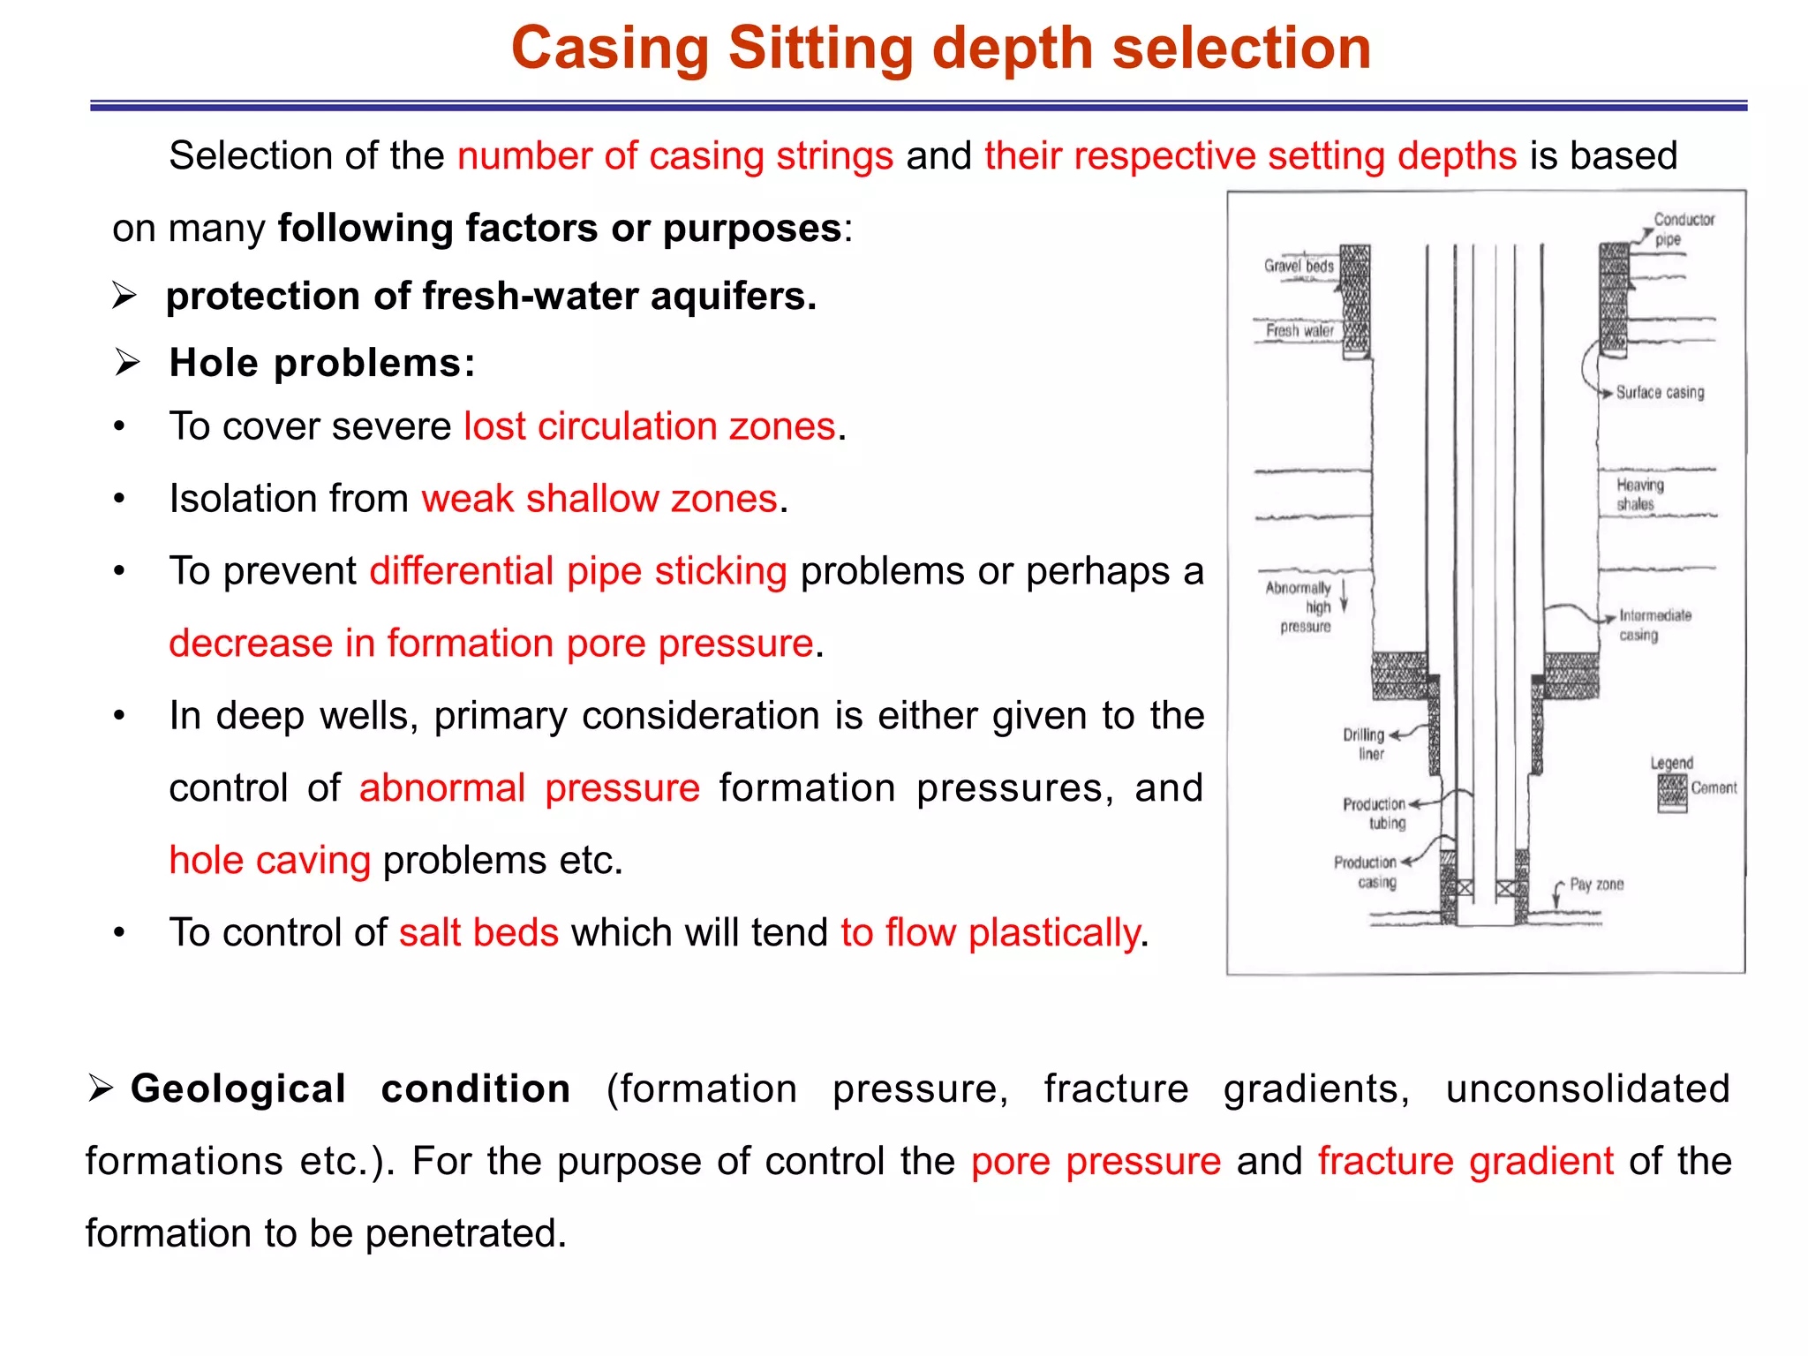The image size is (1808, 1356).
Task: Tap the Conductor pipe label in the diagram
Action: pos(1683,229)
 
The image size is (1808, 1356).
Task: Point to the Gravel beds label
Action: pos(1298,266)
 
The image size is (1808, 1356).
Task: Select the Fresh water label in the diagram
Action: pos(1299,331)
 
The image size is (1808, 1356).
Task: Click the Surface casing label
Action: pos(1660,393)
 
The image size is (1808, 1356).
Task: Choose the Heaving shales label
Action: pos(1639,494)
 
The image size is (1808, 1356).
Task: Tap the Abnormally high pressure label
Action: pos(1299,606)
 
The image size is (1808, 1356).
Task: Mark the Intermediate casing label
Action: pos(1654,625)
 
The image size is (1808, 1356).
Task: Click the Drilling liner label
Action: pos(1365,744)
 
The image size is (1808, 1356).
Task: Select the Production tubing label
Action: pos(1375,813)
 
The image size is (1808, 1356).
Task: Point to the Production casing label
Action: pos(1366,871)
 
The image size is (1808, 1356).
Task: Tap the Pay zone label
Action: pos(1596,885)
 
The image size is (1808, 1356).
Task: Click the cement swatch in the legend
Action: pos(1672,792)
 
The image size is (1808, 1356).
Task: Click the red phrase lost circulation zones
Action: pos(650,426)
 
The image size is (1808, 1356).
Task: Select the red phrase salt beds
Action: pos(478,933)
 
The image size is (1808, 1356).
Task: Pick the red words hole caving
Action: pos(269,861)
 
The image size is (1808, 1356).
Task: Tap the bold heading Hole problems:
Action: pos(322,363)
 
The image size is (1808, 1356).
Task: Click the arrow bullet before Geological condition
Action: pos(101,1089)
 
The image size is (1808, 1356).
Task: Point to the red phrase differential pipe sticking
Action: pos(578,571)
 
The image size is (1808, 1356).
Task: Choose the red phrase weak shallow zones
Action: pos(599,499)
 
